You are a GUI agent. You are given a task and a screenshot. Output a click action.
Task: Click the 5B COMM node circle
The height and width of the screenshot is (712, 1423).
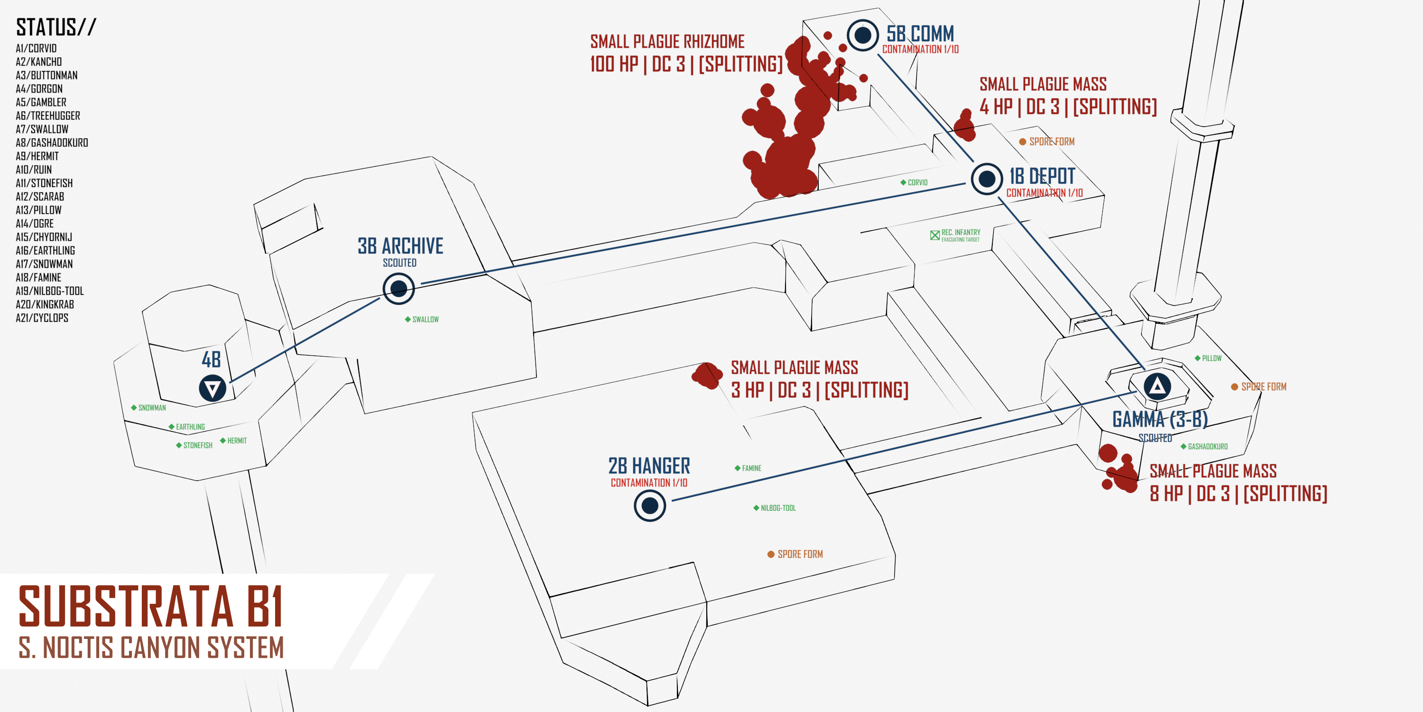click(863, 36)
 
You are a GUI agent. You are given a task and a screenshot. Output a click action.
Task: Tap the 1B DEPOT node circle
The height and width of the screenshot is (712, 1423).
click(987, 178)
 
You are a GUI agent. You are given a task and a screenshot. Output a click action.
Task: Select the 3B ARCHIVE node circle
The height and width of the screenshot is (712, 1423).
click(399, 288)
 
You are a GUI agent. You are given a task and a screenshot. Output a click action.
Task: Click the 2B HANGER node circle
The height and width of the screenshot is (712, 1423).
click(650, 505)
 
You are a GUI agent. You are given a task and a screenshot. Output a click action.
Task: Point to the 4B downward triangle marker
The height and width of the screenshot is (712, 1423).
click(213, 388)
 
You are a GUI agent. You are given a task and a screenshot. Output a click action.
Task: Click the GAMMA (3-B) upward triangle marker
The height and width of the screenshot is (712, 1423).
click(1157, 386)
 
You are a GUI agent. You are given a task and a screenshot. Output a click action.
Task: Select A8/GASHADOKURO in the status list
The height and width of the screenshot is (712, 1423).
click(52, 142)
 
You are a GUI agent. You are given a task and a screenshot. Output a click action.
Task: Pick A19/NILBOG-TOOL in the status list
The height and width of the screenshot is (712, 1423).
click(50, 291)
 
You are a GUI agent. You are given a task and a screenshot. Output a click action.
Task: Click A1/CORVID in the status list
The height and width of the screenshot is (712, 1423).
click(36, 48)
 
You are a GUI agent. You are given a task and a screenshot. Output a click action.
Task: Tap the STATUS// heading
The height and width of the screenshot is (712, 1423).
click(56, 27)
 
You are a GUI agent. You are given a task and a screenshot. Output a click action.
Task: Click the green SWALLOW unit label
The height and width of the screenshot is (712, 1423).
click(422, 319)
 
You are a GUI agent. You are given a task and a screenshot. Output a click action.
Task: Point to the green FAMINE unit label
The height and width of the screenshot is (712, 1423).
click(748, 468)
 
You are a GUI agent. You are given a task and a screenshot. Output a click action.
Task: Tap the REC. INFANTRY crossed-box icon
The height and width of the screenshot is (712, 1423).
click(934, 235)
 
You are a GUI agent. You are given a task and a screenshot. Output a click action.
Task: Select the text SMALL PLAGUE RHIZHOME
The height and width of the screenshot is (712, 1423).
click(667, 41)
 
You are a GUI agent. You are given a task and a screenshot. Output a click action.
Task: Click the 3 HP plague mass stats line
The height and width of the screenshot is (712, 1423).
click(820, 390)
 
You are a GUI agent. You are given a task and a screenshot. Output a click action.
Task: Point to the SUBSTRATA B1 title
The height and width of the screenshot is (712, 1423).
click(151, 607)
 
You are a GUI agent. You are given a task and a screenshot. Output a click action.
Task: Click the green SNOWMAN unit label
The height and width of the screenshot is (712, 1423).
click(148, 408)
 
